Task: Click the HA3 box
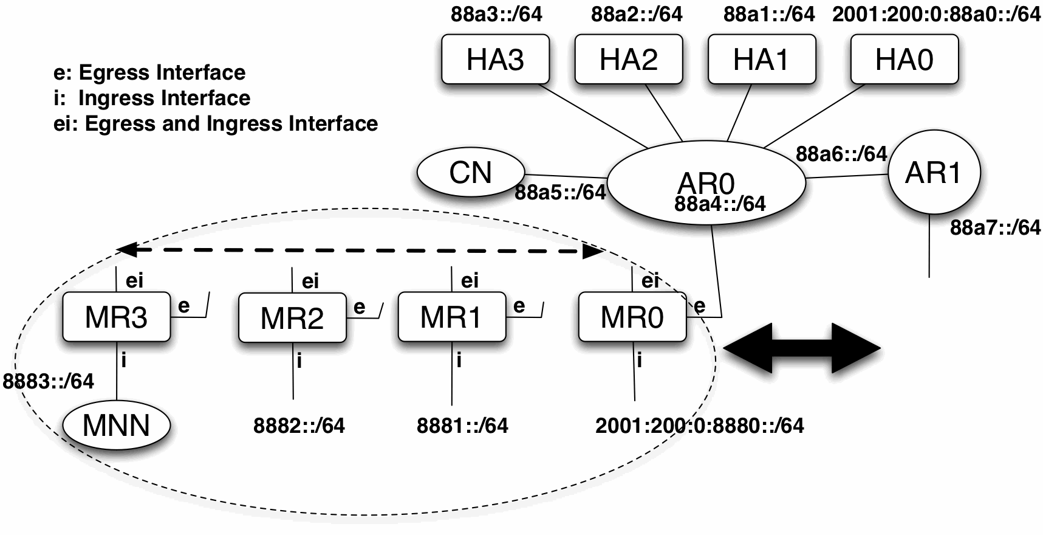[495, 59]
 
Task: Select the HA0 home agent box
[904, 59]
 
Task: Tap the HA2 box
[628, 59]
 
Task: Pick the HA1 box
[761, 59]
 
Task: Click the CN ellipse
[470, 173]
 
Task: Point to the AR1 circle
[934, 173]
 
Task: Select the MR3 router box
[116, 317]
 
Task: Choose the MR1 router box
[451, 317]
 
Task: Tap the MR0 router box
[632, 317]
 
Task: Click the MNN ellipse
[116, 425]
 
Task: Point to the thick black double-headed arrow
[802, 348]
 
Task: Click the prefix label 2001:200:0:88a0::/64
[936, 15]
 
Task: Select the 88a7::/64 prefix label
[995, 228]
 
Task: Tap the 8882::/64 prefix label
[299, 426]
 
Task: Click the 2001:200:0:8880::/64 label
[699, 426]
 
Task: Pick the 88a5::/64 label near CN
[560, 193]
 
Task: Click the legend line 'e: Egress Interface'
[149, 72]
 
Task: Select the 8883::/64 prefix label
[49, 381]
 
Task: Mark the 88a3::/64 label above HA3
[496, 15]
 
